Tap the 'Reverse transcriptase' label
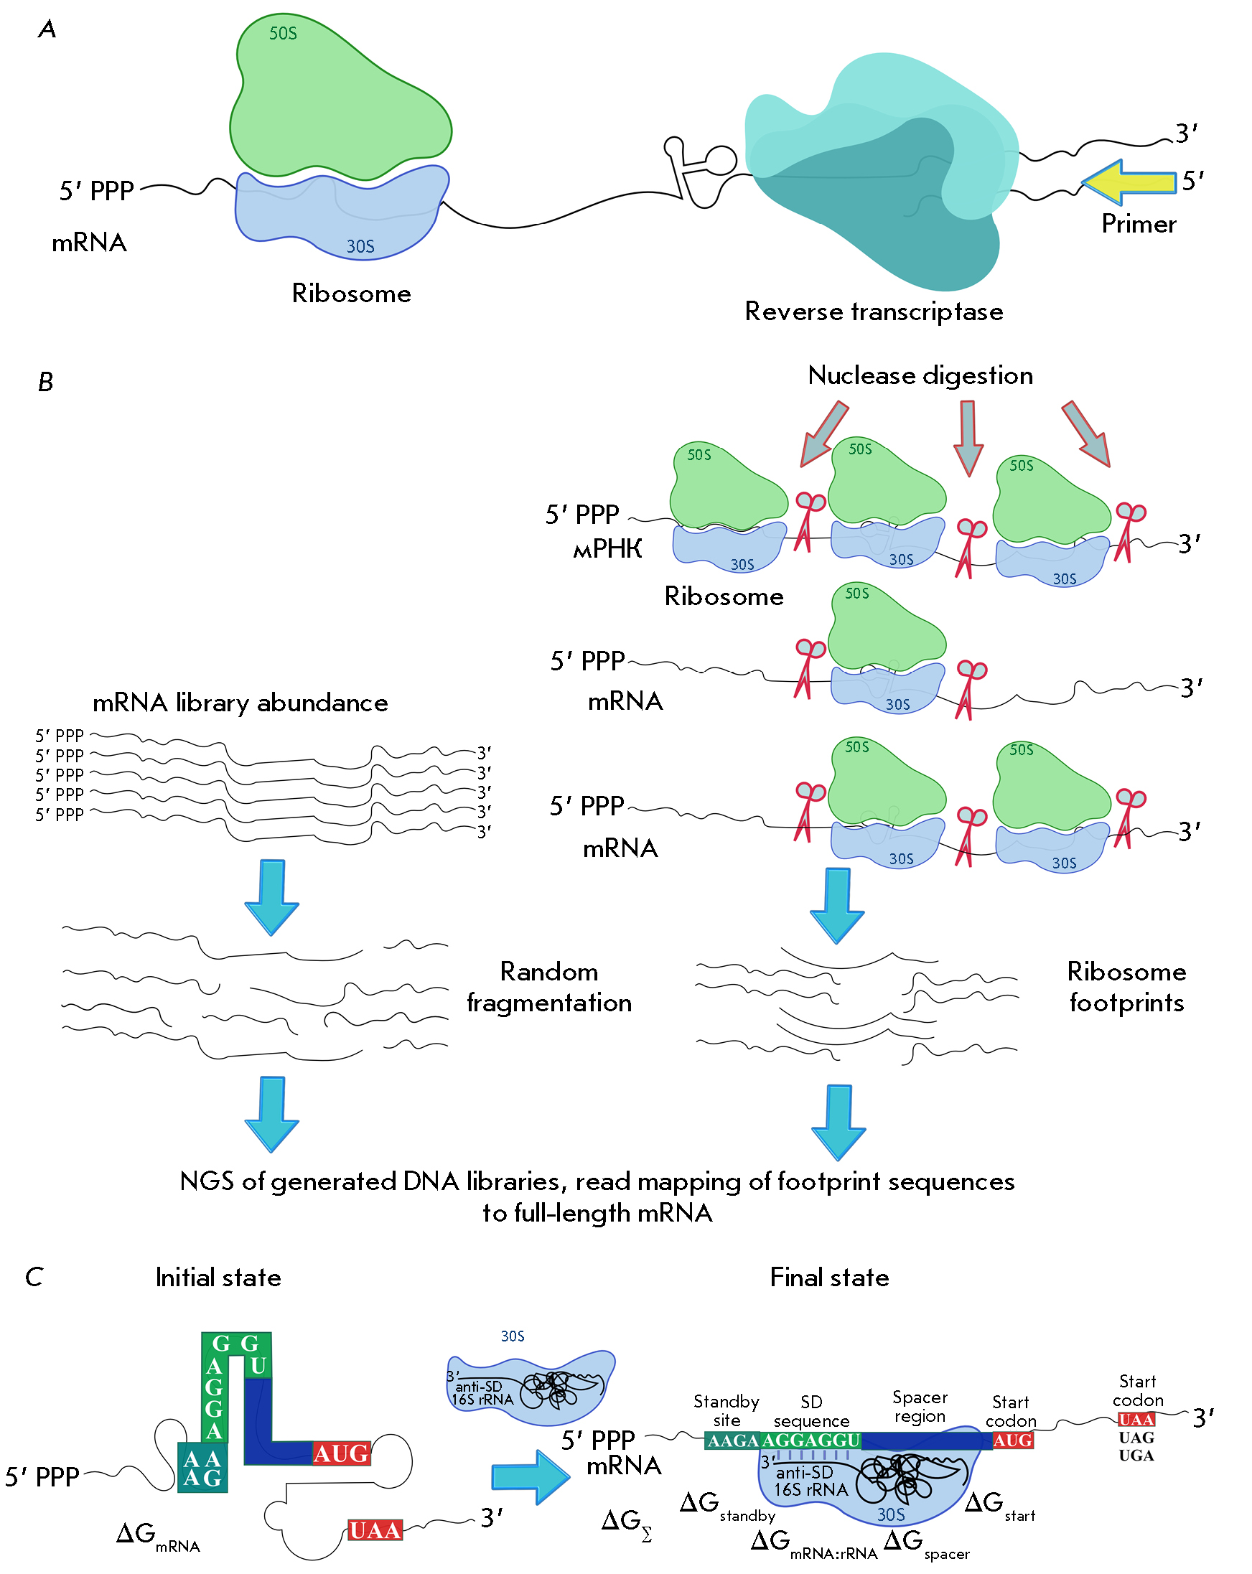873,311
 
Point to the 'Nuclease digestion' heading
920,375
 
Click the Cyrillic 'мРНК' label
607,548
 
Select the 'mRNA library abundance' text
240,703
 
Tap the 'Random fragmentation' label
549,987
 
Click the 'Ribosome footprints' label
1126,987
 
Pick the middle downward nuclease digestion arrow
968,436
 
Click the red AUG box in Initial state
341,1453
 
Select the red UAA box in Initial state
375,1530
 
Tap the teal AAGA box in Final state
732,1441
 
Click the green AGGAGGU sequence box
810,1441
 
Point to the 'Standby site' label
726,1410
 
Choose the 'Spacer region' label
919,1406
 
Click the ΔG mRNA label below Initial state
157,1535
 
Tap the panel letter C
34,1277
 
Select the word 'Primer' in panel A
1138,224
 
